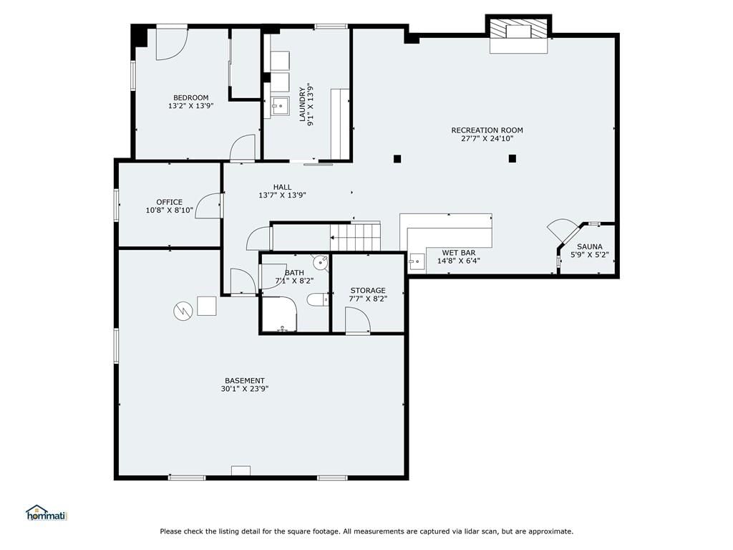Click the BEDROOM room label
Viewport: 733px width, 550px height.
point(190,97)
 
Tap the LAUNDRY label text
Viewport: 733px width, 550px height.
point(302,104)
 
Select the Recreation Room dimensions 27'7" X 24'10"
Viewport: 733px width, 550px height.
point(487,138)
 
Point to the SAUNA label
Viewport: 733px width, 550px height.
point(590,246)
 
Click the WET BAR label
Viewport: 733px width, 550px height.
point(459,253)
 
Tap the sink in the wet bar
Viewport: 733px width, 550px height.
point(417,262)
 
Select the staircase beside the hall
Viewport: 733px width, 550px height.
point(355,236)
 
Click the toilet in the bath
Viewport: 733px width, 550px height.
point(317,299)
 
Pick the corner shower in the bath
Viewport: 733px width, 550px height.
point(280,314)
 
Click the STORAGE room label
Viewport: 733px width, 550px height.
point(368,291)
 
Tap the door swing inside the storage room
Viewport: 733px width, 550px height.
point(358,320)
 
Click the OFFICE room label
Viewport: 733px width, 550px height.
point(169,202)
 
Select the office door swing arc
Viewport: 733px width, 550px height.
point(208,206)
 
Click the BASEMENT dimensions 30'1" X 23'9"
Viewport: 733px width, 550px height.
point(245,389)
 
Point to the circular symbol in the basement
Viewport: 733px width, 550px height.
point(183,311)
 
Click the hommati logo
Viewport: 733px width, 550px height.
point(47,513)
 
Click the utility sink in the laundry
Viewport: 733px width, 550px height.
point(280,106)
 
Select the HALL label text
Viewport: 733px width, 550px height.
point(282,187)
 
